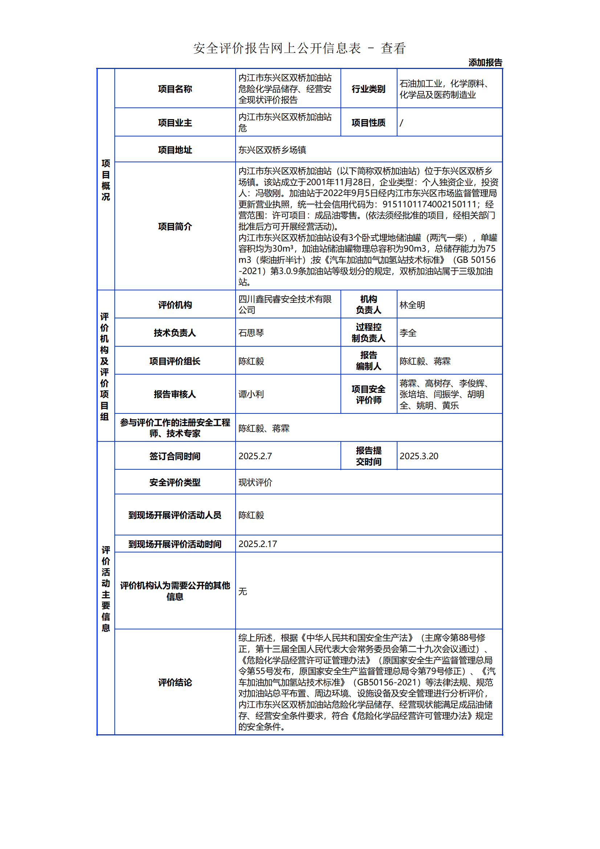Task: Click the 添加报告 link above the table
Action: tap(485, 62)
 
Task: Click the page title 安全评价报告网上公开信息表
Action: tap(277, 48)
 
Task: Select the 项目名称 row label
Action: tap(175, 89)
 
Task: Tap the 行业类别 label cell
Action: tap(368, 89)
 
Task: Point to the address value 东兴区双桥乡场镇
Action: tap(272, 150)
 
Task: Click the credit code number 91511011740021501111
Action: tap(429, 204)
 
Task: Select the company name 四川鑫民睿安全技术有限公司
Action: tap(285, 304)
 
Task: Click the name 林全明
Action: tap(412, 305)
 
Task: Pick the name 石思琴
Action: tap(251, 333)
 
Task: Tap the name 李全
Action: tap(408, 333)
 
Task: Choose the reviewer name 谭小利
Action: tap(251, 394)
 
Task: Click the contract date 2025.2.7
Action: tap(255, 456)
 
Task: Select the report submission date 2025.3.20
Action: tap(419, 456)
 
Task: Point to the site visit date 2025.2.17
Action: tap(258, 544)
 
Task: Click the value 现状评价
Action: tap(255, 482)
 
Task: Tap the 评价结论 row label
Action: tap(175, 683)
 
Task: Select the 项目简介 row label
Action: tap(175, 226)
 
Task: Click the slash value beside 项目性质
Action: tap(401, 123)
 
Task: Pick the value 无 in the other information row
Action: tap(243, 591)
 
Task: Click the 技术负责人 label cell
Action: tap(175, 333)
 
